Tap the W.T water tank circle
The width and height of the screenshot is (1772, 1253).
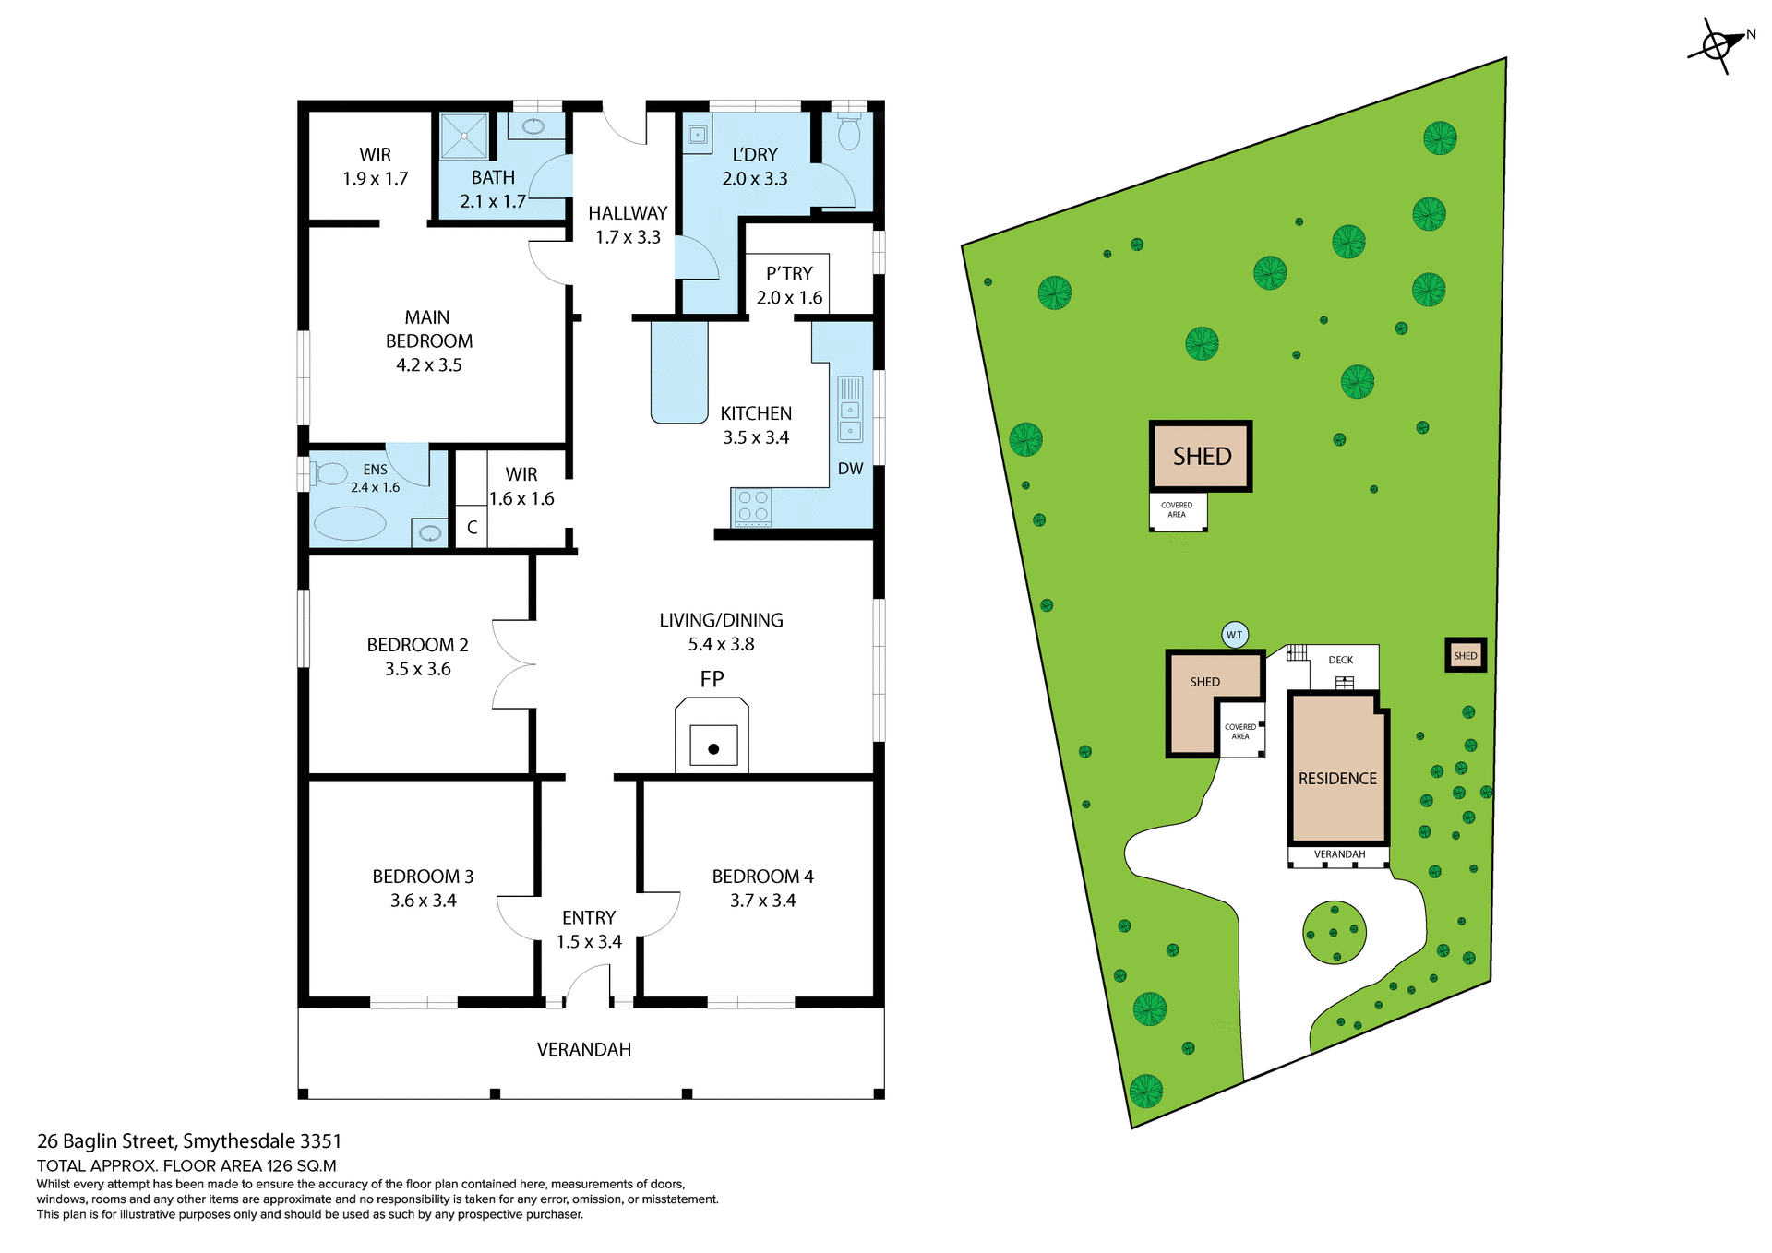tap(1235, 635)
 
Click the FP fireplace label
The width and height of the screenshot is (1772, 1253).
tap(712, 679)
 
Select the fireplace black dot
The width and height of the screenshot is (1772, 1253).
tap(713, 748)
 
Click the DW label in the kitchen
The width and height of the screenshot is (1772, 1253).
tap(850, 469)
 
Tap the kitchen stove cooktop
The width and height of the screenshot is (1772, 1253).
tap(753, 507)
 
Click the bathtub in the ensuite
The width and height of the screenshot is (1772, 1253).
tap(350, 523)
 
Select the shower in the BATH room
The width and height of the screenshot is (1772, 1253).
tap(463, 136)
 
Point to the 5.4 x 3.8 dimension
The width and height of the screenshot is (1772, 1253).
tap(721, 644)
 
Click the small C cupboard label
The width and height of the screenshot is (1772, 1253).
tap(472, 528)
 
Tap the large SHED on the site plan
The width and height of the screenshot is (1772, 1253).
tap(1201, 456)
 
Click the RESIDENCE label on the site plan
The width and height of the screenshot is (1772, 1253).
tap(1337, 779)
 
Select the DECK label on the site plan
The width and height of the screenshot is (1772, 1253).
tap(1340, 660)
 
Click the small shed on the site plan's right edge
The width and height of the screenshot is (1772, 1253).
tap(1465, 656)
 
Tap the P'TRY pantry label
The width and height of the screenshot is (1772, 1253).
tap(789, 273)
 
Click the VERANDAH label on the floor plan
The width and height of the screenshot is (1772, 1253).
tap(584, 1049)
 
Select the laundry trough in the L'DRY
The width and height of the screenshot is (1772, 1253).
tap(697, 136)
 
